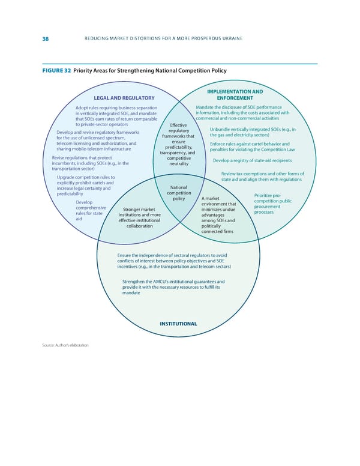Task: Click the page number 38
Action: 46,39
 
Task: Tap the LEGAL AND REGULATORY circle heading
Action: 124,98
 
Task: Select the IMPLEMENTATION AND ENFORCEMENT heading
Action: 235,94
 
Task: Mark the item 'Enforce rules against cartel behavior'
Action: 259,147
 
